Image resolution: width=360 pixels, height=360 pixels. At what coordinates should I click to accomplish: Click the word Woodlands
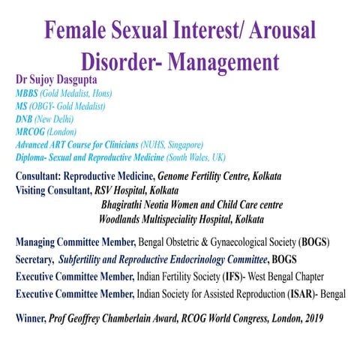(x=127, y=220)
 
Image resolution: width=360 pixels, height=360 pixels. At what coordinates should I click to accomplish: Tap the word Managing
(x=38, y=243)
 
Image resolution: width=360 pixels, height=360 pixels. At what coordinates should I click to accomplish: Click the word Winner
(x=32, y=317)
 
